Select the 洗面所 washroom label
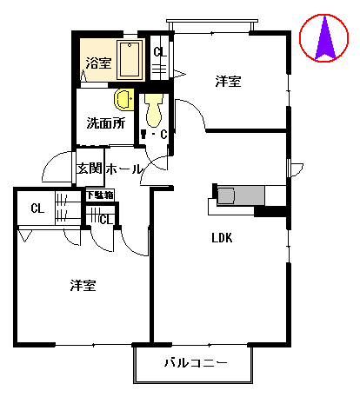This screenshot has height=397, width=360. (105, 122)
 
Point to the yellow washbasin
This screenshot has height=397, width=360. (123, 98)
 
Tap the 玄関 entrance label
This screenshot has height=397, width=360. (90, 169)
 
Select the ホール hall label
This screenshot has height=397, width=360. (123, 169)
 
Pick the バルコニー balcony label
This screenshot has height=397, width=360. (196, 362)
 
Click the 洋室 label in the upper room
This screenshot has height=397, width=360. (229, 82)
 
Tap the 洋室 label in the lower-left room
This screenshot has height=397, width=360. (83, 285)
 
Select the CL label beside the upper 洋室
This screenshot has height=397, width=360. (159, 52)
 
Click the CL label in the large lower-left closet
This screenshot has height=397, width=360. (37, 208)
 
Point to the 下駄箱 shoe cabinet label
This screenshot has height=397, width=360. (99, 195)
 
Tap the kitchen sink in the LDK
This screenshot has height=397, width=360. (226, 195)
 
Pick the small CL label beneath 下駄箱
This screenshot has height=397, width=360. (104, 219)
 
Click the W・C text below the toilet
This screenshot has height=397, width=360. (157, 135)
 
